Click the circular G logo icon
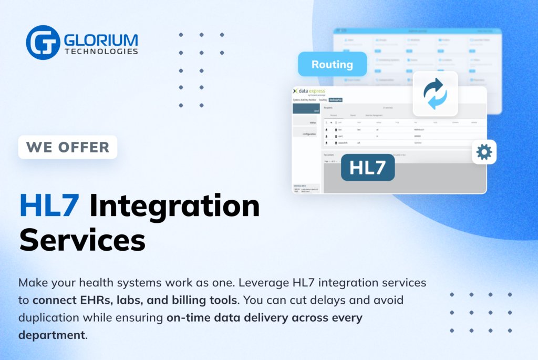[43, 43]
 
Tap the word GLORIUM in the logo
[101, 40]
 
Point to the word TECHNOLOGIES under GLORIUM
[101, 52]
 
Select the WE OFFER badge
[68, 147]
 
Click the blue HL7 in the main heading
[49, 205]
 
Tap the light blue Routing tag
[332, 65]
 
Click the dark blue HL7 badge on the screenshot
[368, 167]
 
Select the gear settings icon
[484, 152]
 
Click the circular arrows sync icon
[435, 94]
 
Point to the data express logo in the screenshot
[311, 91]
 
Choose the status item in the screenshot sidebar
[312, 122]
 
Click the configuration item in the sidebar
[309, 134]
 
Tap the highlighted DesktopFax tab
[335, 99]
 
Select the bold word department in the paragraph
[51, 335]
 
